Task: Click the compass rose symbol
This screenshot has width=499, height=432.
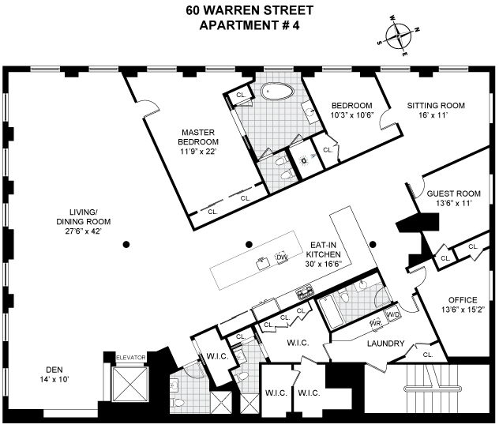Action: click(x=400, y=36)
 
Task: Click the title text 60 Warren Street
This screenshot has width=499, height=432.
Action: click(x=249, y=10)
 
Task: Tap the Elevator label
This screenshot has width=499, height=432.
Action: click(x=131, y=358)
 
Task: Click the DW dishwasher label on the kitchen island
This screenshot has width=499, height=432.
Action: click(x=281, y=257)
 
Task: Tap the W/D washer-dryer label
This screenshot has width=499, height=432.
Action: click(x=393, y=314)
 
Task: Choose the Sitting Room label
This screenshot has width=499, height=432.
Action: click(x=436, y=105)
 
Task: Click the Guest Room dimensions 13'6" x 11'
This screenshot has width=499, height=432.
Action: click(x=453, y=203)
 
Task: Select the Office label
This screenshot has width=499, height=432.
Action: click(x=463, y=299)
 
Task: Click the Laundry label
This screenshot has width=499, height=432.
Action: click(x=385, y=344)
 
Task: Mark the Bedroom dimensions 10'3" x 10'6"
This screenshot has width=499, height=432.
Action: click(x=351, y=116)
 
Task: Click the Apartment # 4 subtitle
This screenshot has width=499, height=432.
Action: click(x=249, y=24)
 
